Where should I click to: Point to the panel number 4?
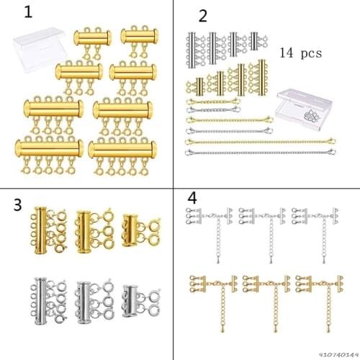click(191, 197)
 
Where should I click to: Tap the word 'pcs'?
click(310, 53)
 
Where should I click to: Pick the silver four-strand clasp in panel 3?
click(44, 297)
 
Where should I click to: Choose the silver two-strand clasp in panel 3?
click(134, 297)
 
